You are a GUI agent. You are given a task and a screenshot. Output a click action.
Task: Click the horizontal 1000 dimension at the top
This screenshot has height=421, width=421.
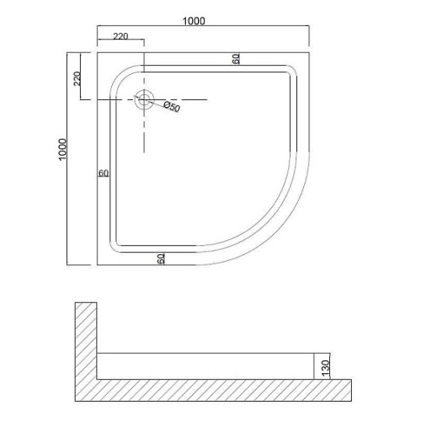click(194, 21)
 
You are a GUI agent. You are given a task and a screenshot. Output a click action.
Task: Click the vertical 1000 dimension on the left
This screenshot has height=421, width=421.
click(62, 149)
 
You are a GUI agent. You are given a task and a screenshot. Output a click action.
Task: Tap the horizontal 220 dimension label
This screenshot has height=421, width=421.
click(120, 36)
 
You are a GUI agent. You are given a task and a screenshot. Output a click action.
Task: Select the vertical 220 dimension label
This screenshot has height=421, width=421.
click(77, 78)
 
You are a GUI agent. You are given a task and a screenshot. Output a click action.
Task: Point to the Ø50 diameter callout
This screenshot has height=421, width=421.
click(172, 106)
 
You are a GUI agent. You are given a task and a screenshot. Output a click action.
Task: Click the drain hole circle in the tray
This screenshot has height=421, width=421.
click(144, 99)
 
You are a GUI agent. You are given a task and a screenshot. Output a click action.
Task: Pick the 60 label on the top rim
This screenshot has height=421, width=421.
click(236, 59)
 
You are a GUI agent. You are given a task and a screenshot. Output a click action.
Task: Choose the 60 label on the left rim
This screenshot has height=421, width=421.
click(104, 173)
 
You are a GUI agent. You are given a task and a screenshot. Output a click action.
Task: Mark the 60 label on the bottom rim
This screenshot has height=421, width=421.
click(161, 258)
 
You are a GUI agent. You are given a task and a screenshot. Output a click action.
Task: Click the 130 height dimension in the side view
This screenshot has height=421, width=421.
click(325, 368)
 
